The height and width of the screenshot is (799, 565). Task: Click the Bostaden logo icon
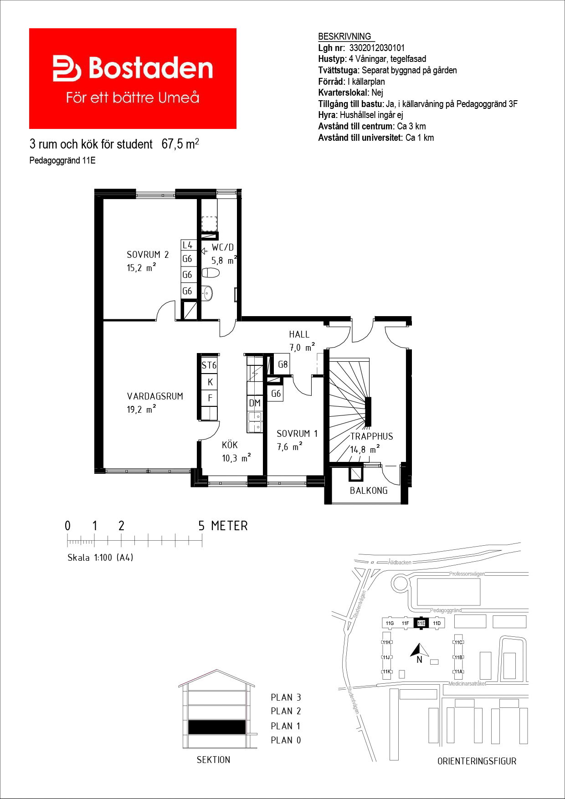(67, 69)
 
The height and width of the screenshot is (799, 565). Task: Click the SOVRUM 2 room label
(148, 255)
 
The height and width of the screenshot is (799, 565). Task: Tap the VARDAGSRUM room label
(155, 396)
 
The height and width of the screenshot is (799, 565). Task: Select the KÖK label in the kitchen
(230, 445)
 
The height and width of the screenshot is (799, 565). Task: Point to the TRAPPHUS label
(371, 436)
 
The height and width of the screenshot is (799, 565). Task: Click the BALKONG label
(369, 491)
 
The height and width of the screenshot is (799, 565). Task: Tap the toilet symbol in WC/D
(211, 272)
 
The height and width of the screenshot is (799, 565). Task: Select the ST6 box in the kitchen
(209, 365)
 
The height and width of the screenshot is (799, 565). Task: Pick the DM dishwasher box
(255, 403)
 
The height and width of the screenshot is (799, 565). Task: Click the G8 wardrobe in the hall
(283, 364)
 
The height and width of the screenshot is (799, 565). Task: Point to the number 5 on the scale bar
(201, 526)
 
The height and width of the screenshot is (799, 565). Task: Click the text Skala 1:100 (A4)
(100, 558)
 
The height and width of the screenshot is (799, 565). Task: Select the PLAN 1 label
(286, 726)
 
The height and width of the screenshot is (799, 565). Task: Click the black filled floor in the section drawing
(217, 727)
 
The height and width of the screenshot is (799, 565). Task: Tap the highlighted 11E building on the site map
(421, 623)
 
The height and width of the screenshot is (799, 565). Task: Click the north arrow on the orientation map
(419, 650)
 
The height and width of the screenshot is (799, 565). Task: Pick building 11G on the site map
(390, 623)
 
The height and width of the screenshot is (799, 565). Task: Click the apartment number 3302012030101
(377, 48)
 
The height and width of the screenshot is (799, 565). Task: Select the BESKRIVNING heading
(344, 36)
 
